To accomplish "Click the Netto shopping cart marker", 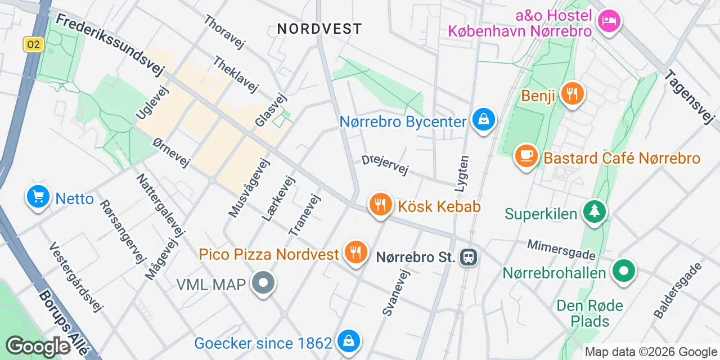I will (38, 197).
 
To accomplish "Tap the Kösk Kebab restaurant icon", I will (381, 205).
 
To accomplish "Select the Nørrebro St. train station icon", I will (469, 258).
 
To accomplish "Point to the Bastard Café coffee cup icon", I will (526, 156).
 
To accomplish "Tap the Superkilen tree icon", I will (595, 211).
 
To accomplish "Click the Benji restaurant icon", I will (573, 93).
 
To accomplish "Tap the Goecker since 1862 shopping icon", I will (349, 341).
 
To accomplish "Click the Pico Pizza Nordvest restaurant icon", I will (355, 252).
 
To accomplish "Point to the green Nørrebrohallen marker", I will (623, 271).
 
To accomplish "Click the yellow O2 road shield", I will (34, 44).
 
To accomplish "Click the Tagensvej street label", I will (688, 97).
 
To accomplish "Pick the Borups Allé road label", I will (64, 322).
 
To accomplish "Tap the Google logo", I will (38, 346).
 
